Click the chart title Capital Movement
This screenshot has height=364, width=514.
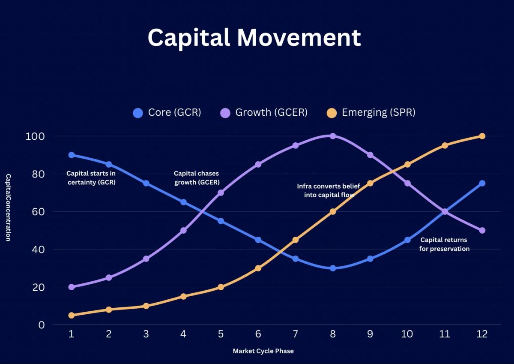[x=254, y=38]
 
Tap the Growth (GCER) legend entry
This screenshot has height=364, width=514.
[x=264, y=113]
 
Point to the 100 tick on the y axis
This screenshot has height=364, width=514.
[x=36, y=136]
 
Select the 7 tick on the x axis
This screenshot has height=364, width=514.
[x=295, y=334]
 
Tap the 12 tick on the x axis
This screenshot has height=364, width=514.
[x=482, y=334]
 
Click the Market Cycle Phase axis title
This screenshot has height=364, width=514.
[x=263, y=351]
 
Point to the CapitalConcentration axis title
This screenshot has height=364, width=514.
[x=8, y=208]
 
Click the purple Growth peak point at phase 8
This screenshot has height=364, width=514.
[x=333, y=136]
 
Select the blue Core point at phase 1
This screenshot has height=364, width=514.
[x=72, y=155]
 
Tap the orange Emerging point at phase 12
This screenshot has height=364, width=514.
[x=482, y=136]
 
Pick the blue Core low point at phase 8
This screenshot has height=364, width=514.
[x=333, y=268]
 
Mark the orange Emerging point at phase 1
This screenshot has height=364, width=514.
[x=72, y=315]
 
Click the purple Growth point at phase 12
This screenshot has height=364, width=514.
[x=482, y=230]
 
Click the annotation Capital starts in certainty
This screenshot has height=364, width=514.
[x=91, y=178]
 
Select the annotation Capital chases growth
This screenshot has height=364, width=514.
[x=197, y=178]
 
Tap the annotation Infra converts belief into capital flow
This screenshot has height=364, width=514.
[x=329, y=190]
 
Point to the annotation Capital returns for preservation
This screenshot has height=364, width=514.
[x=444, y=244]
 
